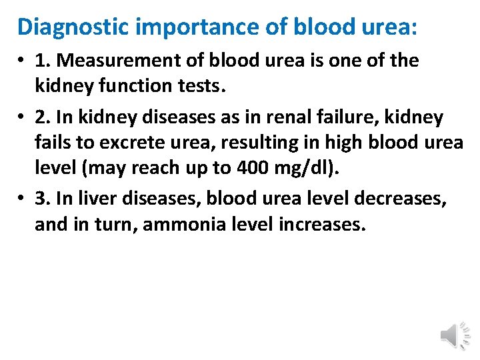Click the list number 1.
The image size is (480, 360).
(43, 60)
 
